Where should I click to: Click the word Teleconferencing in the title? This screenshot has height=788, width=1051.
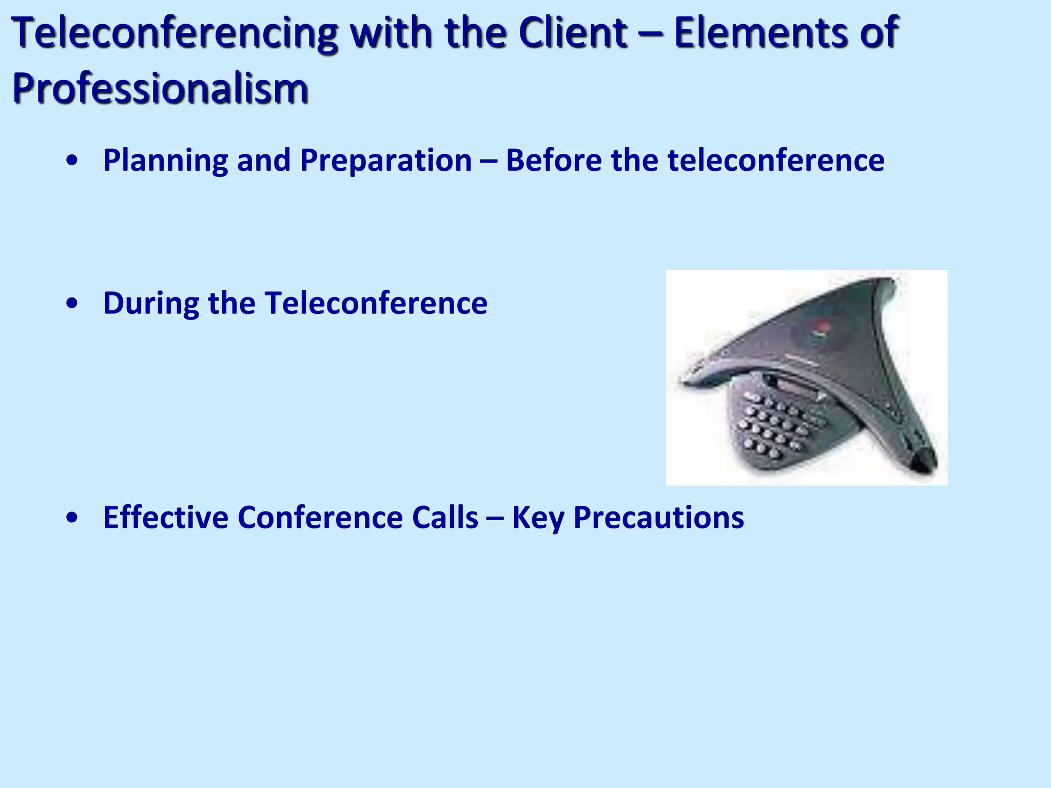point(174,33)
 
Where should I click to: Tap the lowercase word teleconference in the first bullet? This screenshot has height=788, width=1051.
point(775,160)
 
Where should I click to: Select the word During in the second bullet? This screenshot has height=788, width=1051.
point(150,303)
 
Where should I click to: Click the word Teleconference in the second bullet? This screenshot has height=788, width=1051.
point(376,303)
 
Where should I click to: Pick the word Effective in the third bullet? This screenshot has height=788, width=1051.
point(165,517)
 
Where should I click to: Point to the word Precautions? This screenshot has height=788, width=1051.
point(658,517)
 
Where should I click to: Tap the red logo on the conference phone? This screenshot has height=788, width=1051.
point(820,327)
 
